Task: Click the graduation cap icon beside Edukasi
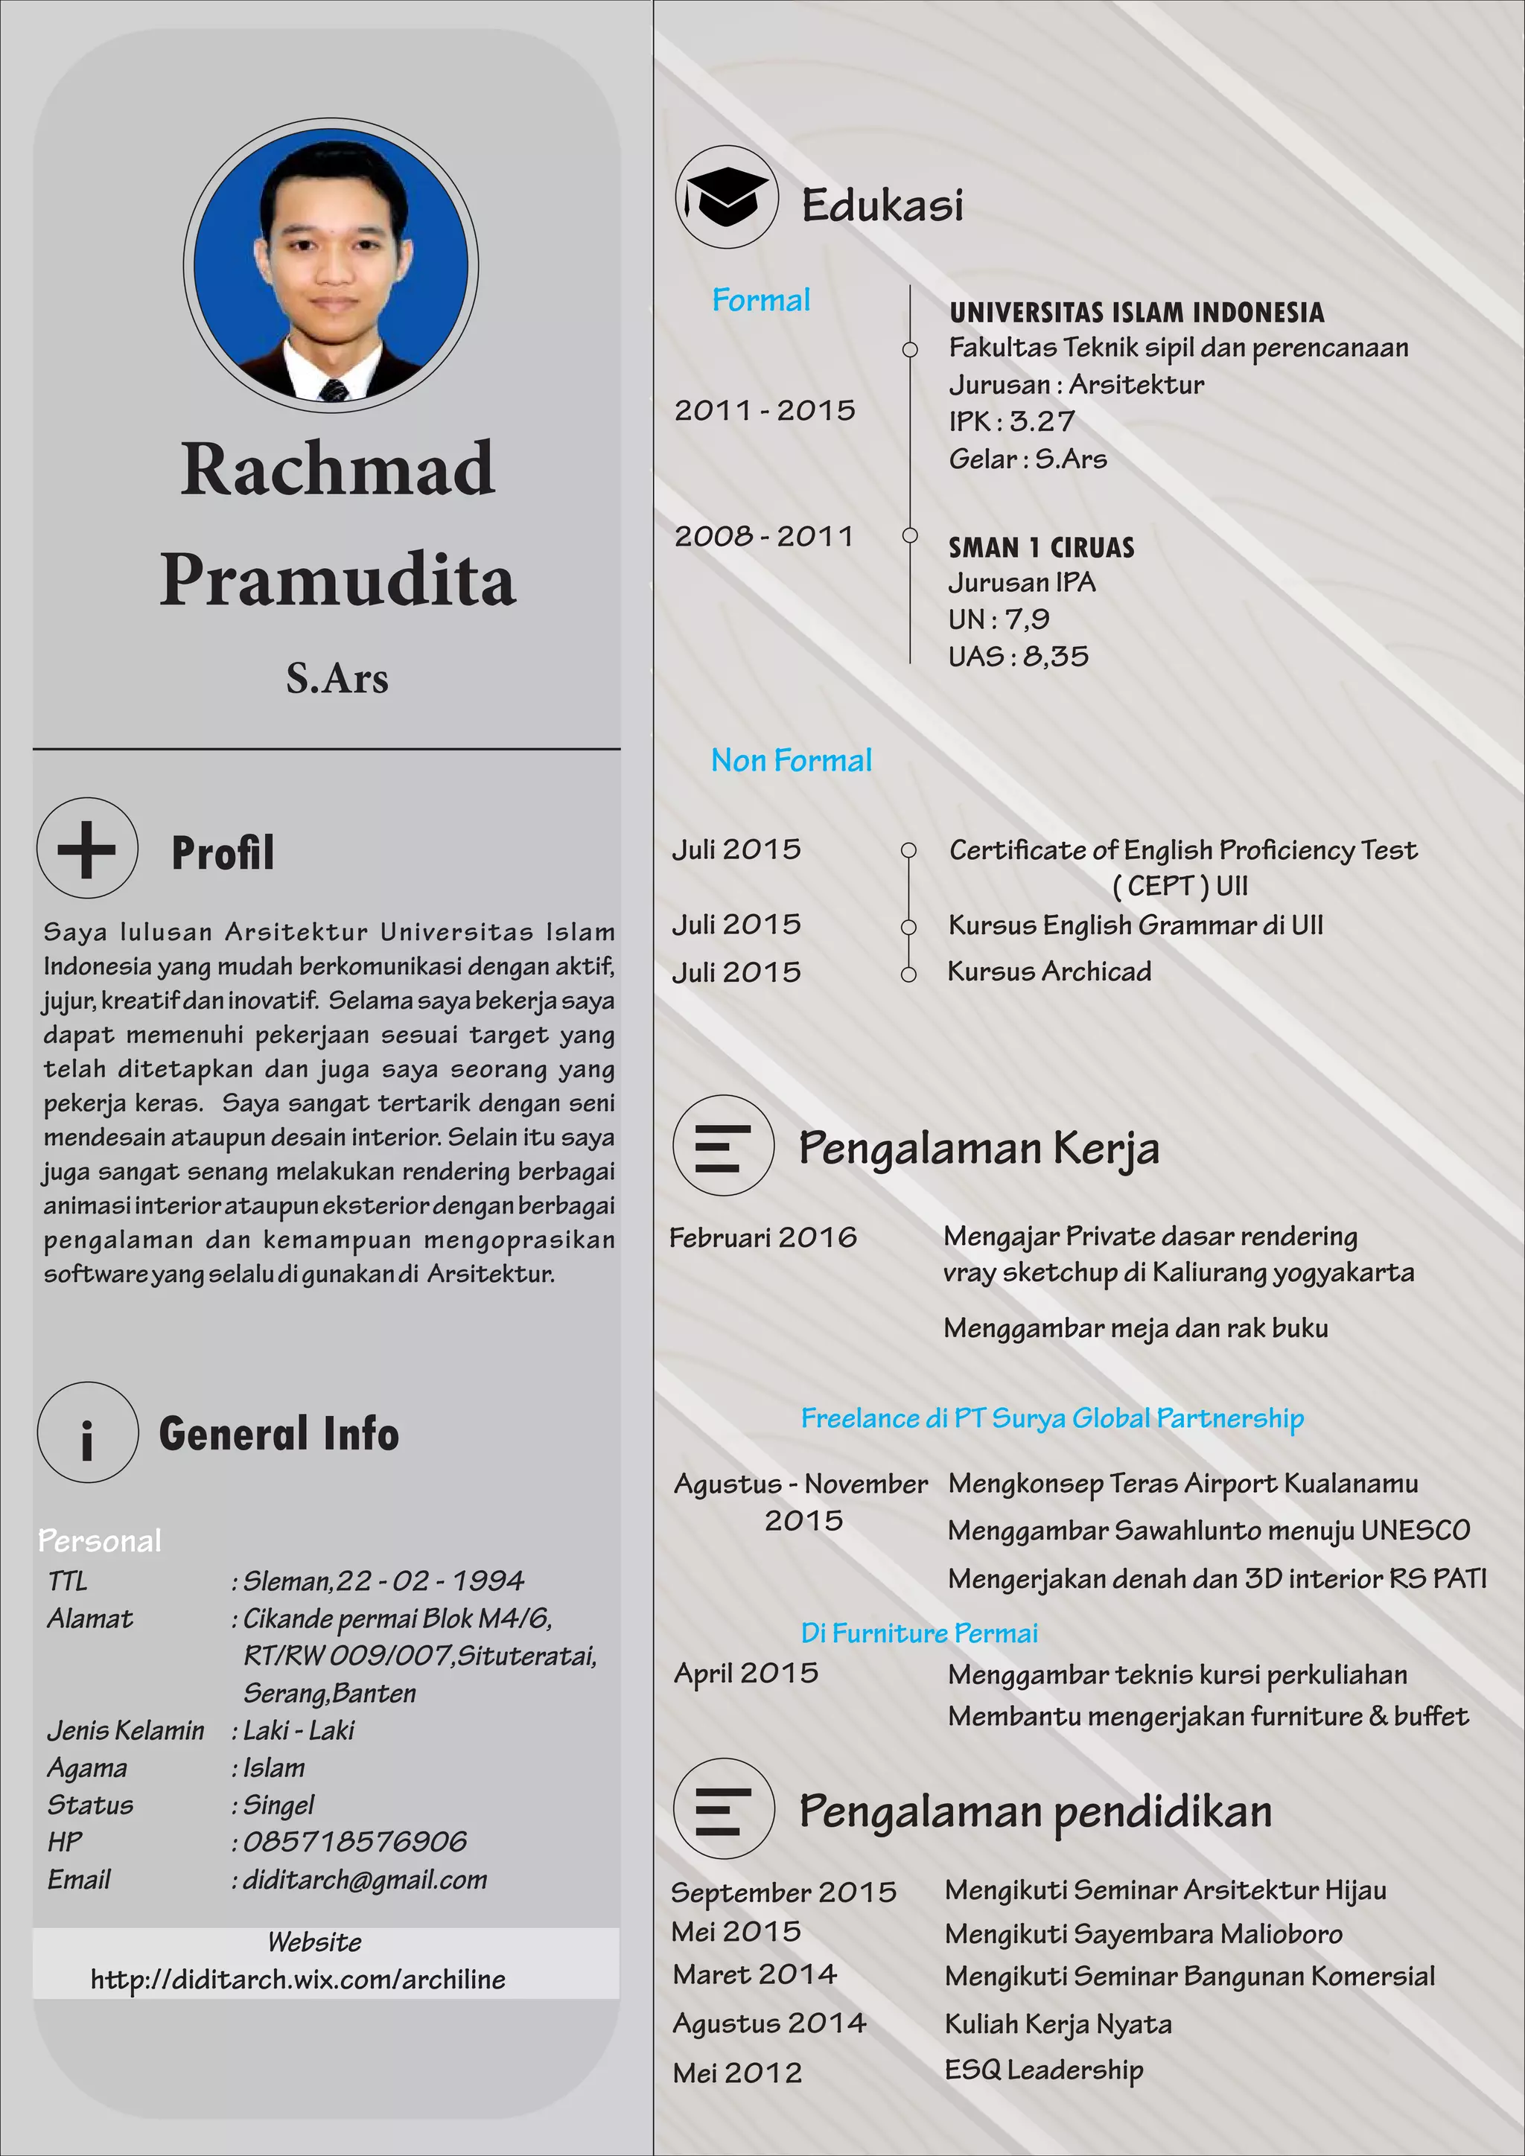[726, 197]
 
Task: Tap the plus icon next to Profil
[87, 849]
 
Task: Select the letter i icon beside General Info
[87, 1433]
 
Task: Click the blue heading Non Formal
[791, 759]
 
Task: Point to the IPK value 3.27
[1042, 421]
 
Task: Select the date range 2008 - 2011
[763, 536]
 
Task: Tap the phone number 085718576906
[355, 1841]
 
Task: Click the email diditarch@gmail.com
[364, 1879]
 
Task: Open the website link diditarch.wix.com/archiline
[298, 1980]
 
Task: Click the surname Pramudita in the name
[337, 579]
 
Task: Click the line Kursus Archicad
[1049, 971]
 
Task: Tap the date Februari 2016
[762, 1237]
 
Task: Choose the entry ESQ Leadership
[1043, 2070]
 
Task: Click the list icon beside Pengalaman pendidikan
[723, 1808]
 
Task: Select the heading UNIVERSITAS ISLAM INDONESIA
[1136, 313]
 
